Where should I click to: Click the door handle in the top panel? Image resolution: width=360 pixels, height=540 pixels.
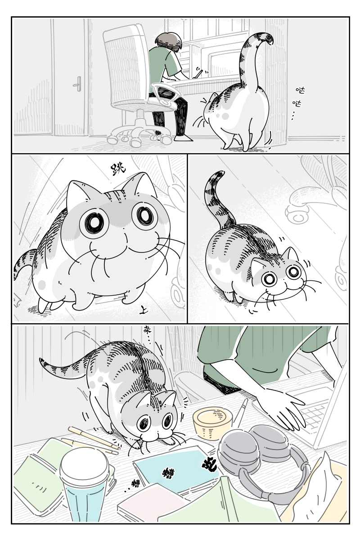[79, 84]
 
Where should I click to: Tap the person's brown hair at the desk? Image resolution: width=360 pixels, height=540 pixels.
[169, 41]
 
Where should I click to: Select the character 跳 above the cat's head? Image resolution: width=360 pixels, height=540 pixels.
[118, 169]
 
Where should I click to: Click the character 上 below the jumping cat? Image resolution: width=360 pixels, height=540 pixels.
[143, 310]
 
